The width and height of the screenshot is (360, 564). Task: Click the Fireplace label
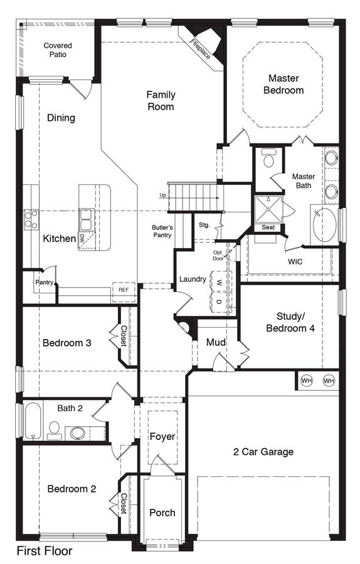coord(200,49)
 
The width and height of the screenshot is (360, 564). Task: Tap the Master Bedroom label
coord(283,84)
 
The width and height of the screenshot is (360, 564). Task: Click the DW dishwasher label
coord(82,238)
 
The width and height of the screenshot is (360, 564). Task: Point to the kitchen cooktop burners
coord(31,219)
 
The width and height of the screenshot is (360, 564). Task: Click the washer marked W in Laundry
coord(219,282)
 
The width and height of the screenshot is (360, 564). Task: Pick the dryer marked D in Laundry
coord(219,302)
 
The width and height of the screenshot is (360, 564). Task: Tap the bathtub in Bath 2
coord(33,420)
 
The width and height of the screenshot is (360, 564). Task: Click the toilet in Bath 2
coord(55,430)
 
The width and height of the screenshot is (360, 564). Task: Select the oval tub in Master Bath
coord(324,225)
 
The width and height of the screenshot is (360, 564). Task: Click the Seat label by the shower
coord(268,227)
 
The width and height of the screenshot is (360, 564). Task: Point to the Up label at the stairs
coord(162,196)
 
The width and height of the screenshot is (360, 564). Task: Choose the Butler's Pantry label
coord(162,231)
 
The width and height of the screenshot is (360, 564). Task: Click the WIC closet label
coord(295,261)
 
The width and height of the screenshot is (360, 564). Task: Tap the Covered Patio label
coord(58,50)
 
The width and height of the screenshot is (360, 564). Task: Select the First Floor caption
coord(45,551)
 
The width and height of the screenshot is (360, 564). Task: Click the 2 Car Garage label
coord(263,452)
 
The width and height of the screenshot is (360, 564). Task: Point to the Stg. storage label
coord(204,225)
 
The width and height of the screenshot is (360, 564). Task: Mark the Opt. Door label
coord(218,256)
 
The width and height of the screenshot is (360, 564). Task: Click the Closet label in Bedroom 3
coord(124,336)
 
